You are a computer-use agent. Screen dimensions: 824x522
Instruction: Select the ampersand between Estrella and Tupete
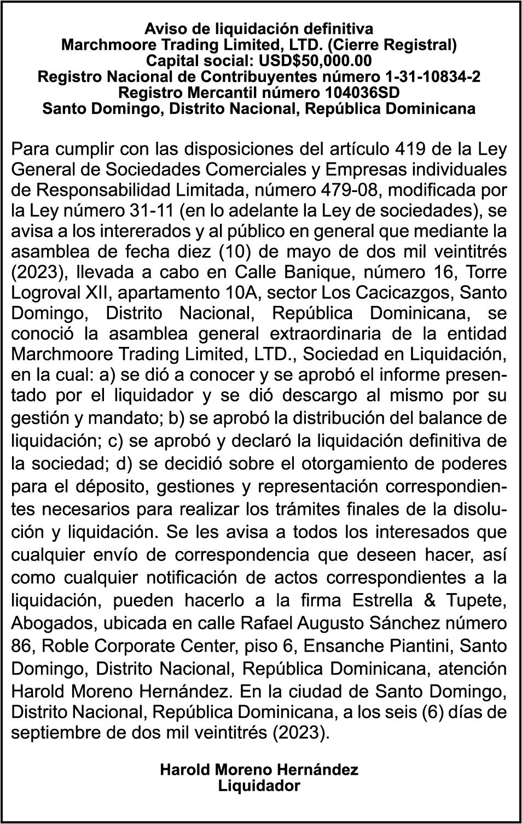pyautogui.click(x=430, y=600)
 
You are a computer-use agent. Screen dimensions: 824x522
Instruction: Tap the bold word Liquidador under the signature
pyautogui.click(x=259, y=786)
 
